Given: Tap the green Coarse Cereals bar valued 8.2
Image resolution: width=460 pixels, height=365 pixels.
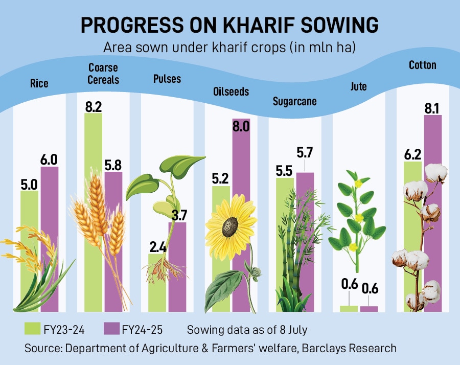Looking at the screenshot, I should [x=94, y=153].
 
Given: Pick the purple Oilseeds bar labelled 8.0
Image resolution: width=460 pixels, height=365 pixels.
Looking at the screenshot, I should [x=241, y=164].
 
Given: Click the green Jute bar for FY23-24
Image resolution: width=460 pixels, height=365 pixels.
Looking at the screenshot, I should [x=349, y=308].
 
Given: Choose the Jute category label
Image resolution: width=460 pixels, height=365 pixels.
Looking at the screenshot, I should [x=359, y=86].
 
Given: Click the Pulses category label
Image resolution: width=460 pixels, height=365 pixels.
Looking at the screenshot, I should [x=167, y=79].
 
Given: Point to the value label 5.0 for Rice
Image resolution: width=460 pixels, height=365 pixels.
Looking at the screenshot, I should [x=29, y=182].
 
